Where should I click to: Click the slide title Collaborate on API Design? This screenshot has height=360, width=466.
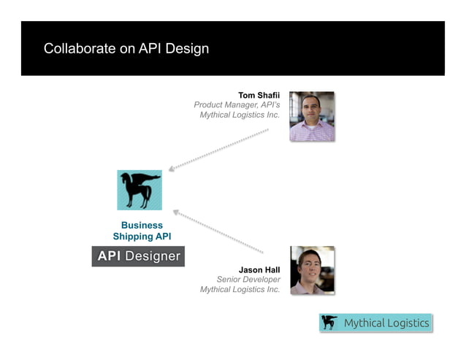(x=126, y=49)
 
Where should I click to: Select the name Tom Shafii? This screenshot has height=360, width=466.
(x=259, y=95)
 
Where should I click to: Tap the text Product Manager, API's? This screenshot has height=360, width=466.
(x=237, y=105)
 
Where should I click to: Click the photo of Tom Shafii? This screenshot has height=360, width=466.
(x=312, y=115)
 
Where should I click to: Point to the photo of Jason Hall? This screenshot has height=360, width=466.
(x=312, y=270)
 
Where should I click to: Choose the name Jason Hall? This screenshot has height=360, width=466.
(x=259, y=269)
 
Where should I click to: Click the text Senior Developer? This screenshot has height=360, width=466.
(x=248, y=280)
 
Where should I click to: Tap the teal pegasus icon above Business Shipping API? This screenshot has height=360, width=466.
(x=140, y=190)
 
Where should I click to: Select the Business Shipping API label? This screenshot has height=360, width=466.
(x=142, y=231)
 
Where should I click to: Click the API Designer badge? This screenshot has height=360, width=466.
(x=138, y=256)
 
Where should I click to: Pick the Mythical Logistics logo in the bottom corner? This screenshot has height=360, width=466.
(x=375, y=323)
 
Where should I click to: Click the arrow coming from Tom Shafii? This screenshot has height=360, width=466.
(x=219, y=150)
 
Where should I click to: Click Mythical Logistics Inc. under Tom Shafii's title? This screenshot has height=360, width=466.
(x=240, y=115)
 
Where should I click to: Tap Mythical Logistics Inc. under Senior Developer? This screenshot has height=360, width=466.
(x=240, y=290)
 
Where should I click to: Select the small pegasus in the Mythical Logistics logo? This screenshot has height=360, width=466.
(x=330, y=323)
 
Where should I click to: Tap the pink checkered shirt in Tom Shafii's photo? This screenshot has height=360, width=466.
(x=312, y=131)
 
